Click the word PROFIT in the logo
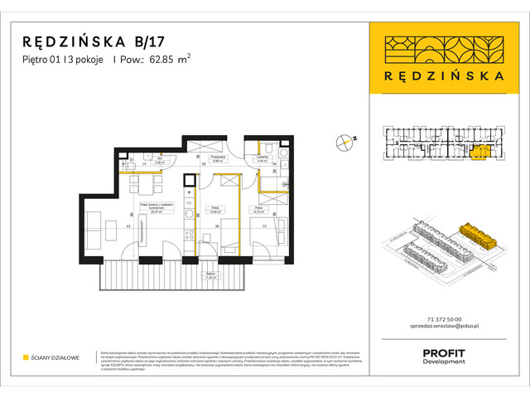(x=443, y=353)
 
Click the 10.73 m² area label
(x=260, y=211)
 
